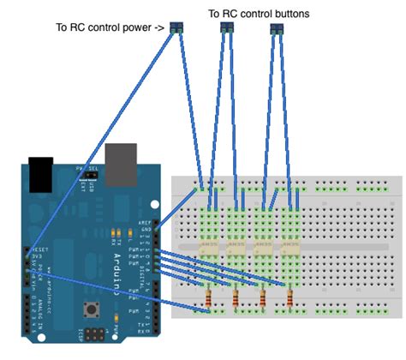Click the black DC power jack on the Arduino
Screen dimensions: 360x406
point(39,173)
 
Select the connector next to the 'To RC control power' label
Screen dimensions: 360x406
point(178,28)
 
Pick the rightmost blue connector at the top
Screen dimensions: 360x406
point(276,29)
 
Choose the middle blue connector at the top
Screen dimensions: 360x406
point(227,28)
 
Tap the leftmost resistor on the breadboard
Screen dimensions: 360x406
point(210,298)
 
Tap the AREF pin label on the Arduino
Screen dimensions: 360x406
point(142,224)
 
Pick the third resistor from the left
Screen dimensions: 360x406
point(262,298)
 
